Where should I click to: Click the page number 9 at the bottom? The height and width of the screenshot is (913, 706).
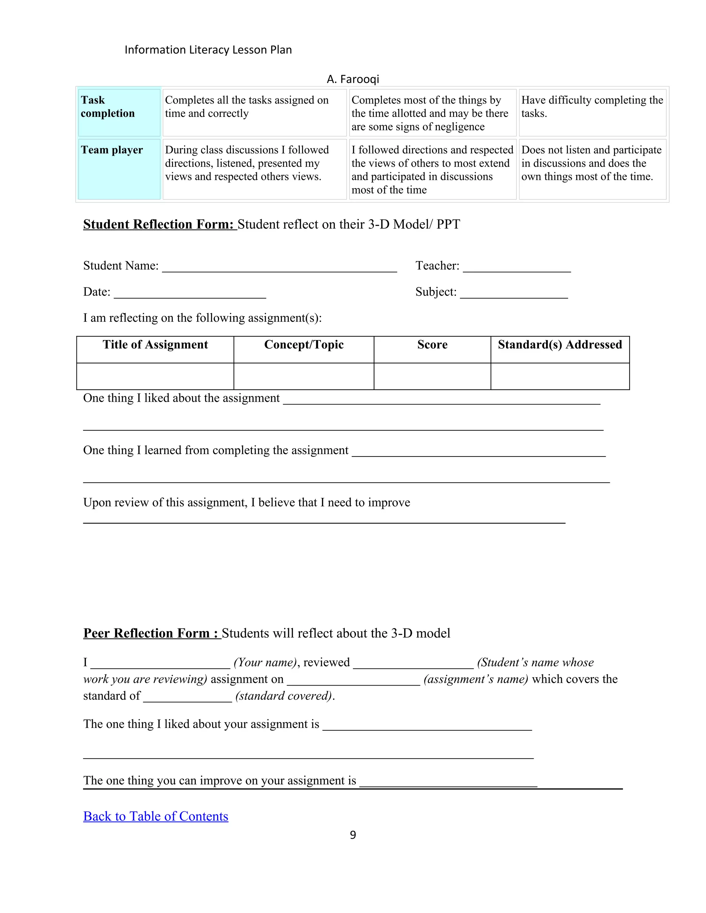click(353, 835)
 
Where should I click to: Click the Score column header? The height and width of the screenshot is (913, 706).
click(432, 345)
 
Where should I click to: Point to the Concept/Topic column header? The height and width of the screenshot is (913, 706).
click(304, 345)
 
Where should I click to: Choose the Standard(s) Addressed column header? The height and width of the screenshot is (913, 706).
click(559, 345)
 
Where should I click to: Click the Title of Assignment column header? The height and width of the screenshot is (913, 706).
click(155, 345)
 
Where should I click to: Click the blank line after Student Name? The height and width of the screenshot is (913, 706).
click(279, 268)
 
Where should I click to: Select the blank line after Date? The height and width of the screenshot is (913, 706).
click(190, 294)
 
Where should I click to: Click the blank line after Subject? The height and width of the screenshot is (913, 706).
click(514, 294)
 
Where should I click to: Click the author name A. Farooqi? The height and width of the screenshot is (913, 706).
click(353, 79)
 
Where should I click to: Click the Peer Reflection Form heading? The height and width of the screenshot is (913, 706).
click(152, 633)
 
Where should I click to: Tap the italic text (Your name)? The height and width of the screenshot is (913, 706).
click(265, 662)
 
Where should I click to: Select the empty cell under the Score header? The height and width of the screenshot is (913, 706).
click(432, 376)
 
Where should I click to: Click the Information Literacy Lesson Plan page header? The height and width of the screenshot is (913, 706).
click(208, 50)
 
